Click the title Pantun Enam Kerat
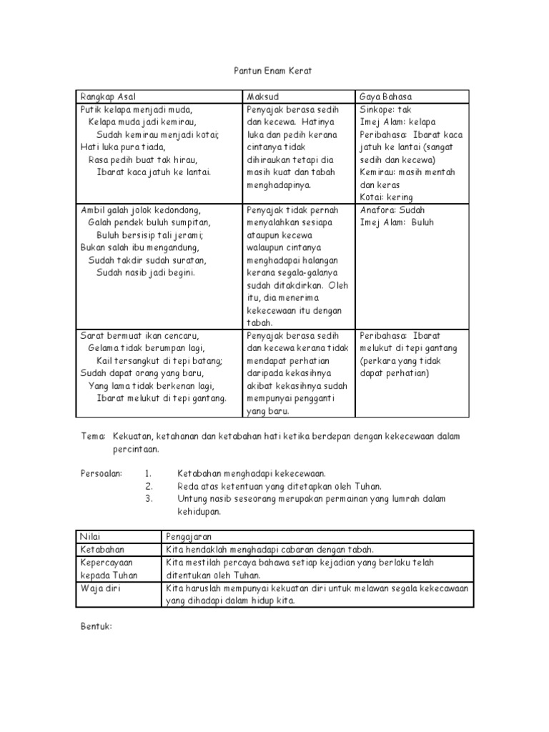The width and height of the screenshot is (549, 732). click(x=274, y=71)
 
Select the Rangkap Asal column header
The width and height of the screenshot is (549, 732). click(x=108, y=97)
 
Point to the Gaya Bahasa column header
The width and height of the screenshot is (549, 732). click(x=386, y=97)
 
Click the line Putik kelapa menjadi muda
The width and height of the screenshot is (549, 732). click(x=137, y=109)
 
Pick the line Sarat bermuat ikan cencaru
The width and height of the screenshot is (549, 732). click(x=139, y=335)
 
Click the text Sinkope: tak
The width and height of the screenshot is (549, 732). click(x=387, y=109)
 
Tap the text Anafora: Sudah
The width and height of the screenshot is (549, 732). click(x=392, y=210)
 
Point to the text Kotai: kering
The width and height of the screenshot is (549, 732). click(x=387, y=197)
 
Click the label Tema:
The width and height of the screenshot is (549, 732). click(x=93, y=436)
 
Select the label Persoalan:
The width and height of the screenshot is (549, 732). click(x=102, y=473)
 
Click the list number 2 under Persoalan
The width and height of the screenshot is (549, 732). click(x=148, y=486)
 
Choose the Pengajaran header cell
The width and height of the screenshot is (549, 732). click(x=189, y=536)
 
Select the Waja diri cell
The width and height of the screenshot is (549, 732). click(x=98, y=588)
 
